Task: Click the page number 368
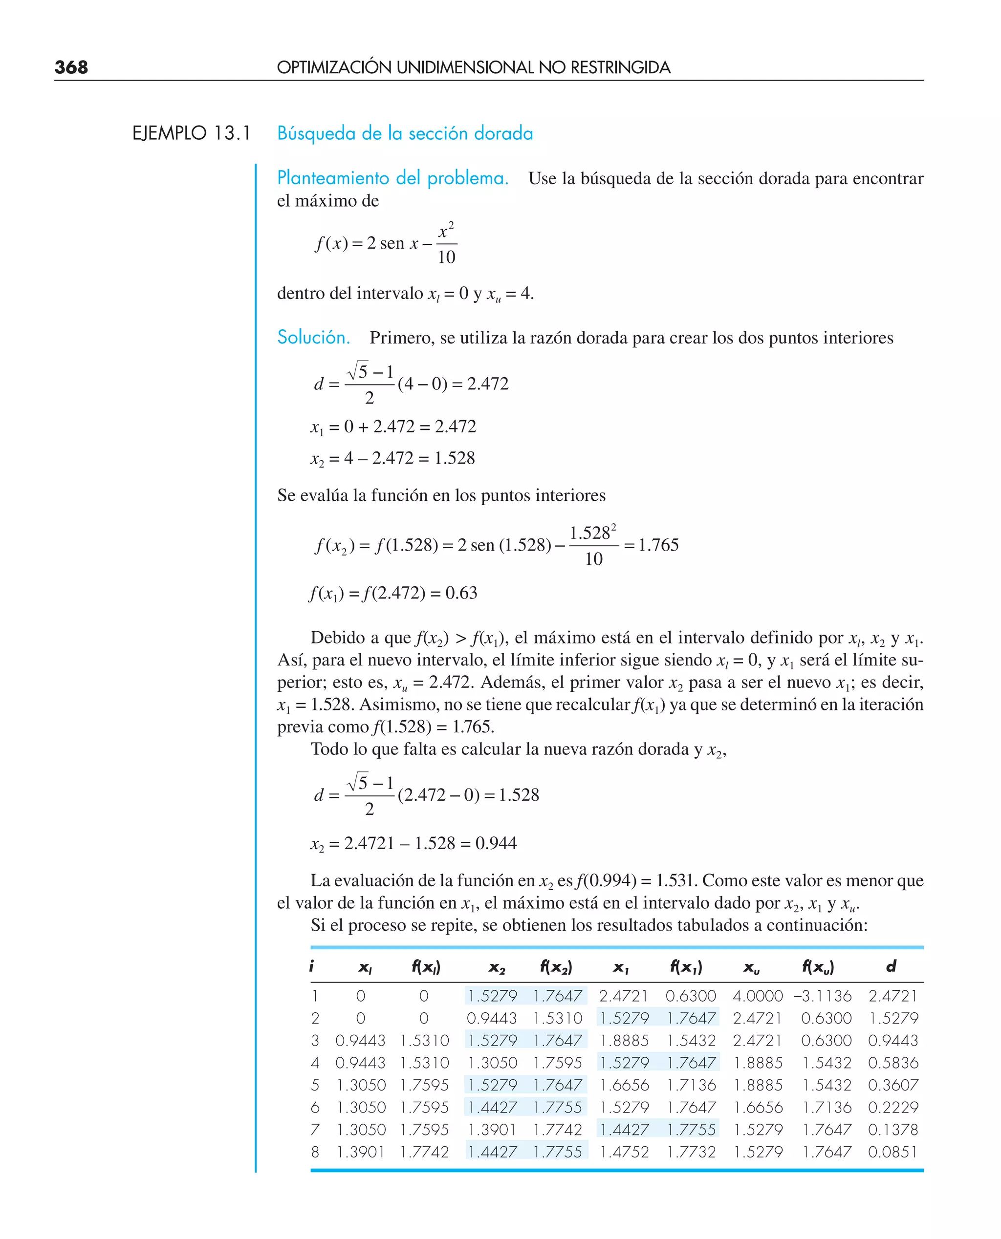click(71, 67)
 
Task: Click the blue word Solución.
click(314, 337)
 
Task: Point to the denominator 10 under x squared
click(446, 257)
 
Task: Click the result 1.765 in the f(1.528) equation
click(658, 545)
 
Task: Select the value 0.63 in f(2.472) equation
click(461, 593)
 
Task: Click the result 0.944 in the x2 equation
click(496, 843)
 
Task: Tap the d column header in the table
click(891, 966)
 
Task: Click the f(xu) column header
click(818, 966)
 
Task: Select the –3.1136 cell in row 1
click(822, 996)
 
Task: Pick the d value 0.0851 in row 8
click(892, 1152)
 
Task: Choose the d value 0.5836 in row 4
click(892, 1063)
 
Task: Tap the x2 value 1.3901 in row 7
click(492, 1130)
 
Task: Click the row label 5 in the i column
click(315, 1085)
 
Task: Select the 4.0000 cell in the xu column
click(757, 996)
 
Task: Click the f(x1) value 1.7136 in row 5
click(691, 1085)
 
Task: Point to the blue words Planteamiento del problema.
click(392, 178)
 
